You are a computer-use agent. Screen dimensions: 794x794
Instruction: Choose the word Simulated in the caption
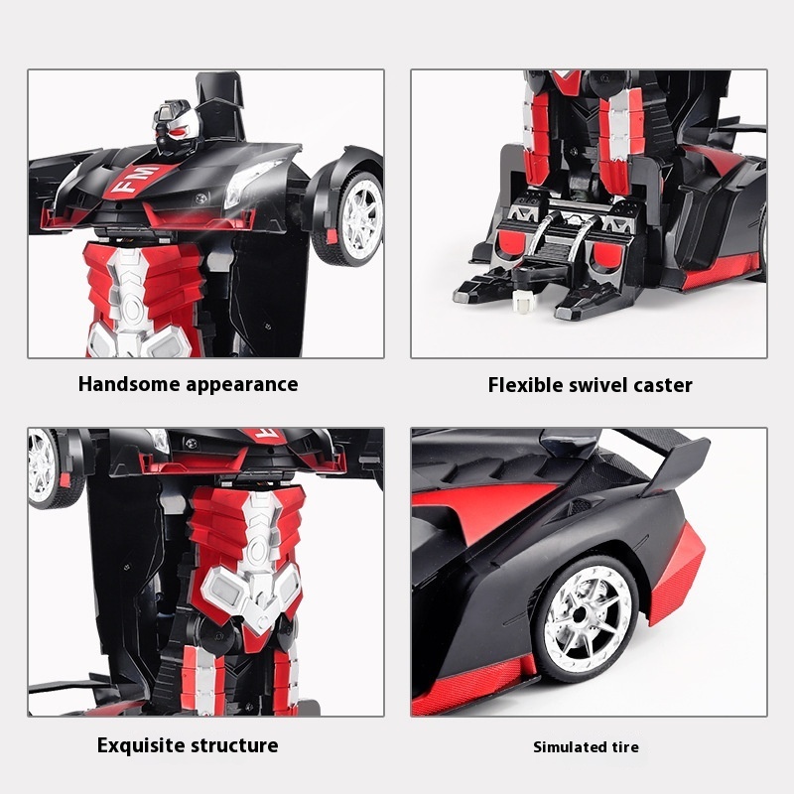click(567, 747)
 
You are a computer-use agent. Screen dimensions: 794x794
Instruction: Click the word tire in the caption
click(622, 747)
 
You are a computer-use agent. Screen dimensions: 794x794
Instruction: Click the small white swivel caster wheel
click(521, 303)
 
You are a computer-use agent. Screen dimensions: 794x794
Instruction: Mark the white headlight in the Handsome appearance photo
click(251, 182)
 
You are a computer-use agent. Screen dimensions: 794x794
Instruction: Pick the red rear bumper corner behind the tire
click(677, 573)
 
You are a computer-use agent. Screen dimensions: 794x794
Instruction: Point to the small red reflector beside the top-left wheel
click(331, 236)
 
